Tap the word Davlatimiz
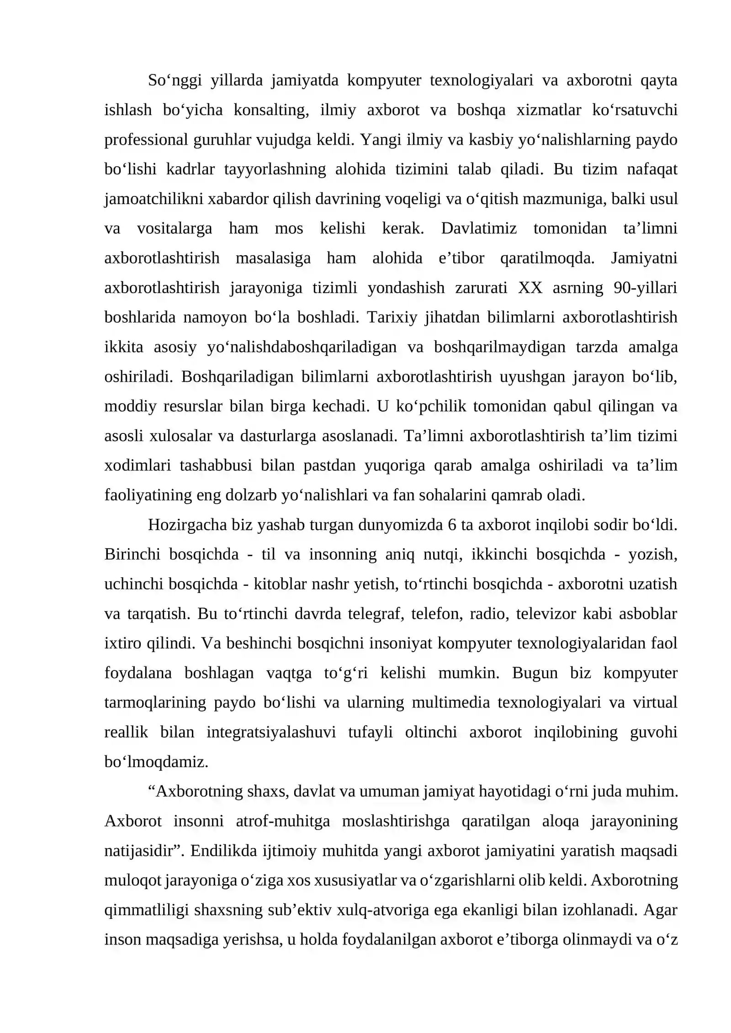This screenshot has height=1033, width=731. click(478, 228)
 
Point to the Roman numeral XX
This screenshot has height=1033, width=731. click(530, 288)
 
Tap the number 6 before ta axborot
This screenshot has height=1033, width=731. click(452, 525)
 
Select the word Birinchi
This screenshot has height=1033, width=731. click(132, 554)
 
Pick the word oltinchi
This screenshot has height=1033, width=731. click(430, 732)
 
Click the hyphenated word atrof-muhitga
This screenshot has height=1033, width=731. click(283, 821)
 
